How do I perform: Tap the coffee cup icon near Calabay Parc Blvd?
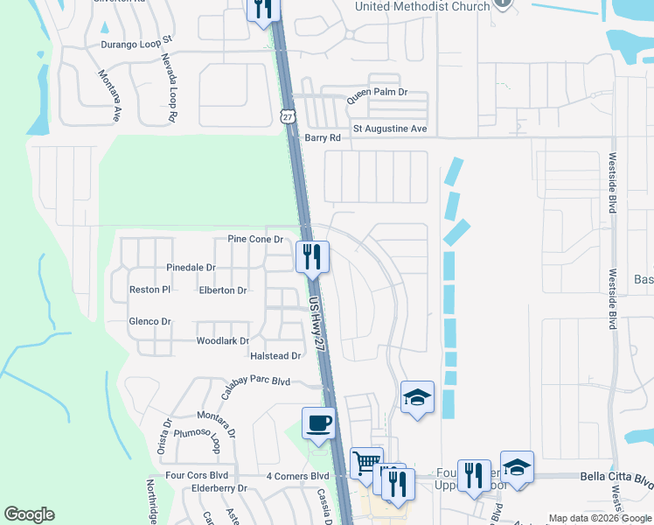[318, 423]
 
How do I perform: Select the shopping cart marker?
[366, 463]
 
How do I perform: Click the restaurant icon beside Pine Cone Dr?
[312, 257]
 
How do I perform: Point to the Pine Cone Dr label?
[255, 239]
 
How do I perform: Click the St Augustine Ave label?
[389, 129]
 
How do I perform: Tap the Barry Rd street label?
[322, 138]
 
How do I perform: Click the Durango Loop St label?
[138, 40]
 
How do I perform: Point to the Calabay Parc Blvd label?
[254, 382]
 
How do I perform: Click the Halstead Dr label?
[275, 356]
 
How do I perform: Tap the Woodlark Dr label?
[223, 341]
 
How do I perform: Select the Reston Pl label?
[149, 289]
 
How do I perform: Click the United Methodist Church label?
[421, 7]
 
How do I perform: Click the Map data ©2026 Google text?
[599, 518]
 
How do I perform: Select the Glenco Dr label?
[150, 321]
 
